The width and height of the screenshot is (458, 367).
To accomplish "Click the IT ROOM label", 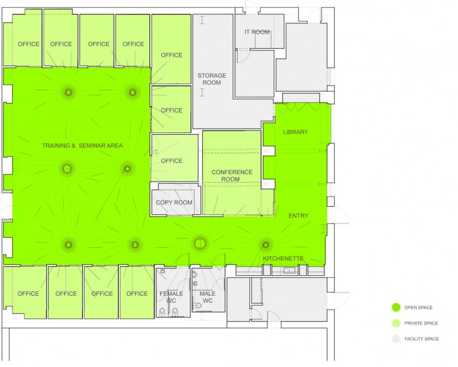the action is pos(257,32).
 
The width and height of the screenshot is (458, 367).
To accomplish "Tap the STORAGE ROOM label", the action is pos(212,79).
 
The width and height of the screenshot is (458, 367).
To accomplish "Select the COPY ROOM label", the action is pos(174,202).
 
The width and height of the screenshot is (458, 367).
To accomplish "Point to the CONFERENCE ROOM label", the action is pos(232,176).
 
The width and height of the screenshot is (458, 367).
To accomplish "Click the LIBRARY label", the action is pos(295,132).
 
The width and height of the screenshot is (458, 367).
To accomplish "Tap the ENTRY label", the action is pos(298,215).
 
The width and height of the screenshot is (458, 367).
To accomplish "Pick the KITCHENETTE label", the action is pos(283,259).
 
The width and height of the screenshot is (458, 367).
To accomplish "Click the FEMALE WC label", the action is pos(171,297).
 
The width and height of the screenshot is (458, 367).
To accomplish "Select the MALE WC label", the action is pos(207,297).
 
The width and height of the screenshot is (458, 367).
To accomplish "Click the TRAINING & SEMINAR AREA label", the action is pos(82,145).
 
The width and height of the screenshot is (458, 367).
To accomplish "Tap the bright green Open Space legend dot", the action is pos(396,308).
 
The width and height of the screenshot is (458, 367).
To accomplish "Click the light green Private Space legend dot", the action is pos(396,323).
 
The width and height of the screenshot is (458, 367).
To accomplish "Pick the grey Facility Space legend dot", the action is pos(396,339).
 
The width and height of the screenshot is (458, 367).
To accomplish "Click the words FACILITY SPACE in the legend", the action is pos(421,339).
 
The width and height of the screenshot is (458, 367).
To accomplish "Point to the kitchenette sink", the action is pos(287,271).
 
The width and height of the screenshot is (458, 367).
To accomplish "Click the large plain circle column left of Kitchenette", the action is pos(200,243).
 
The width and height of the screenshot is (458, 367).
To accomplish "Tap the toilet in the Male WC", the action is pos(198,306).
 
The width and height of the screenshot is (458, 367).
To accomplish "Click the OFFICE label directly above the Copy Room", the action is pos(172,160).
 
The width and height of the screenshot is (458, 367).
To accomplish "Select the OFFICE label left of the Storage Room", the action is pos(171,55).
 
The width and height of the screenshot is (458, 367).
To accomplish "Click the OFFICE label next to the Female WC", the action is pos(137,293).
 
